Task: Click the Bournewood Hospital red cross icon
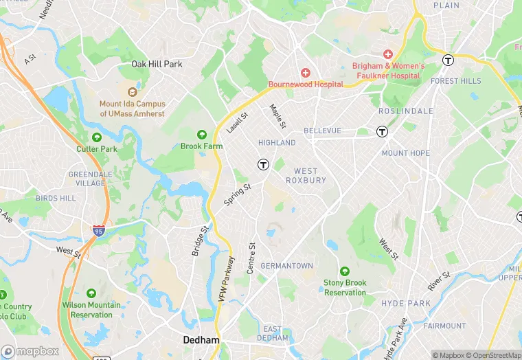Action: click(x=306, y=73)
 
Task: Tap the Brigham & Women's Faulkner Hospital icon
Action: click(x=388, y=54)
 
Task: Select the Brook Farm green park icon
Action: click(x=202, y=135)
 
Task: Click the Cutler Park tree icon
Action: click(x=97, y=137)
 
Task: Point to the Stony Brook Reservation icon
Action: click(x=345, y=271)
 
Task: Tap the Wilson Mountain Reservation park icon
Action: click(x=91, y=293)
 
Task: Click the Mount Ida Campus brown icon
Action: click(x=133, y=91)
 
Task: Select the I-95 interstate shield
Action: click(x=99, y=232)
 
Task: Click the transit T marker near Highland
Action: click(x=262, y=164)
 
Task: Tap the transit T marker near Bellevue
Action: click(x=382, y=131)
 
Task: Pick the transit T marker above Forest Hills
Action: click(x=449, y=60)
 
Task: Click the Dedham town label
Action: click(x=201, y=340)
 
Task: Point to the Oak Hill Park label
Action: click(x=157, y=64)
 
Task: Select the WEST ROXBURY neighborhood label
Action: click(x=306, y=175)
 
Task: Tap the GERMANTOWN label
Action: click(x=288, y=266)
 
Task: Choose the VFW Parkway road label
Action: click(x=226, y=279)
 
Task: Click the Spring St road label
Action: click(x=238, y=194)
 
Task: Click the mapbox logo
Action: click(x=30, y=351)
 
